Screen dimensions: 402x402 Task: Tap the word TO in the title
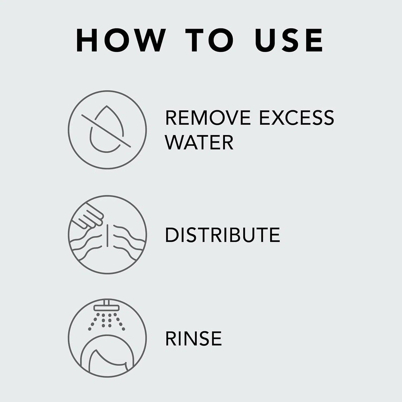209,40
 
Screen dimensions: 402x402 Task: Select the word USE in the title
289,40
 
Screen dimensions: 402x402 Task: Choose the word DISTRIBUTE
222,235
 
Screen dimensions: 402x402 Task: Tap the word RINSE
193,338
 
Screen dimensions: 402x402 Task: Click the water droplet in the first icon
107,131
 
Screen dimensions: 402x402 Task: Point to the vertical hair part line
108,234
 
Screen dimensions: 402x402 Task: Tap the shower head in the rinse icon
107,307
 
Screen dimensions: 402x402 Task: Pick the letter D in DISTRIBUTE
172,235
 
